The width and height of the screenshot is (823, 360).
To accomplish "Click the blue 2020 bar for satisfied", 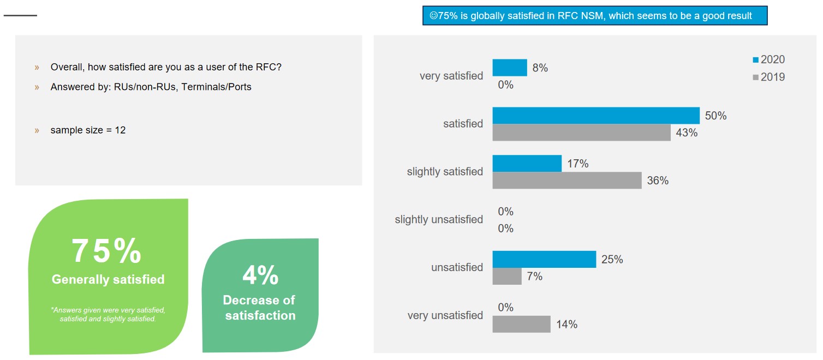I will [x=595, y=116].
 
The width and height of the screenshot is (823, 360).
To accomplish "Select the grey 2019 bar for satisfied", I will [x=581, y=133].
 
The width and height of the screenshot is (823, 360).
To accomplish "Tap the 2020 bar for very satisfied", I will [x=510, y=68].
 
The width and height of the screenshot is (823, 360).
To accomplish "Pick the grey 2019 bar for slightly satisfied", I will [x=566, y=181].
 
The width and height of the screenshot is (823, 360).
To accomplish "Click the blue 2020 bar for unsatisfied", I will [x=544, y=260].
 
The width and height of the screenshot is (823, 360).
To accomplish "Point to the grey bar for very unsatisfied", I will [x=521, y=325].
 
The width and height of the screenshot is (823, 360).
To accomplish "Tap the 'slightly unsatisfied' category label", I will [x=439, y=220].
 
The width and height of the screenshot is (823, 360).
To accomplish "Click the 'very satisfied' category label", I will [x=451, y=76].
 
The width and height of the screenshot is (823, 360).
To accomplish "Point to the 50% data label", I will [x=715, y=116].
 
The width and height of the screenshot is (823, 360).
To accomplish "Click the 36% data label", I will [x=657, y=181].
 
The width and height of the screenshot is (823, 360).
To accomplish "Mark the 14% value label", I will [x=566, y=325].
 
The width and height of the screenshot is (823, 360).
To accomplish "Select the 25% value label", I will [x=612, y=260].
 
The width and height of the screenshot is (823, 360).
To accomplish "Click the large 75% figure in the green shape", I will [x=107, y=251].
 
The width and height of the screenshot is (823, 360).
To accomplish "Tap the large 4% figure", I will [x=260, y=275].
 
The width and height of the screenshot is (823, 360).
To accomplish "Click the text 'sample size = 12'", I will [x=88, y=130].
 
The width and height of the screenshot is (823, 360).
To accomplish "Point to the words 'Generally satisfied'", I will [x=108, y=280].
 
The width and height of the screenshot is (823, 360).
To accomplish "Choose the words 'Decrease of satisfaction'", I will [x=260, y=308].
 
